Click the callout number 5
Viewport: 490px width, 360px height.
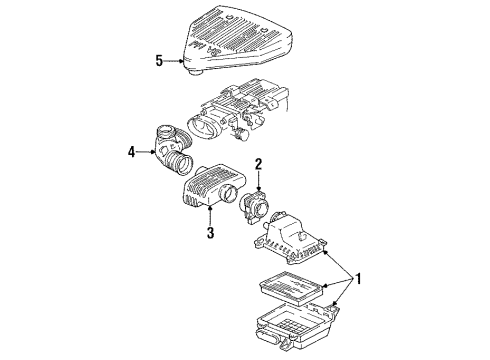pos(158,60)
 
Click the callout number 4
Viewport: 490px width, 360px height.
pos(130,153)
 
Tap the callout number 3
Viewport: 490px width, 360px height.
pos(211,234)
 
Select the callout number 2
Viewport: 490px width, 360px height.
pos(257,163)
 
